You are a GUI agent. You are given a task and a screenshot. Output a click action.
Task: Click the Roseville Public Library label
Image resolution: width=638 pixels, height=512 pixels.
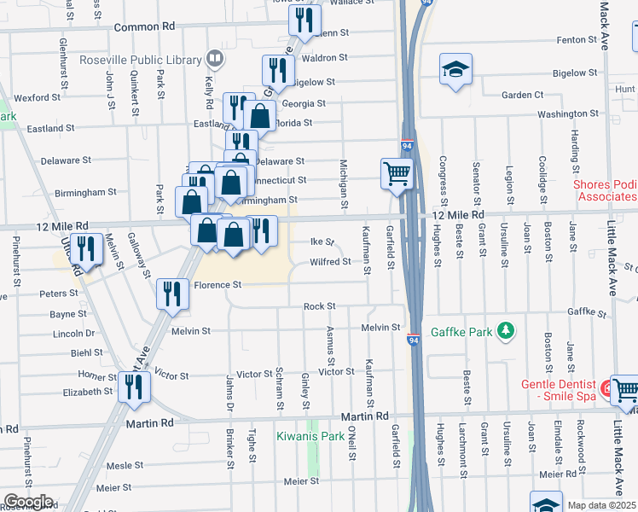tap(140, 60)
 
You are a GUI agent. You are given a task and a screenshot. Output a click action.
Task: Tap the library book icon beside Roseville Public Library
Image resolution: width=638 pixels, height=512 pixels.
tap(214, 60)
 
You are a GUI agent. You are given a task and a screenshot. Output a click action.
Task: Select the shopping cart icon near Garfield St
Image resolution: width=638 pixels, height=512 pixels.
tap(397, 174)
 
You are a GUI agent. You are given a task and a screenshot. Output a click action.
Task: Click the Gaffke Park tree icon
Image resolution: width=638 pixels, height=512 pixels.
tap(507, 330)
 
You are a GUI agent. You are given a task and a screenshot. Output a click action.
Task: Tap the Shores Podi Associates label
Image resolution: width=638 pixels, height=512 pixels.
tap(604, 189)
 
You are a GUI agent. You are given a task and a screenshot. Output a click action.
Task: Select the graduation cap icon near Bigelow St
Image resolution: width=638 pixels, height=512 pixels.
tap(456, 69)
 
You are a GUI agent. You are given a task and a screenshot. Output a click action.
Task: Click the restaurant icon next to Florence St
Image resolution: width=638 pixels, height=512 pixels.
tap(173, 294)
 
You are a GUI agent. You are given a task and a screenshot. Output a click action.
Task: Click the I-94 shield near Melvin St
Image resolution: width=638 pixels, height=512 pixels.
tap(413, 339)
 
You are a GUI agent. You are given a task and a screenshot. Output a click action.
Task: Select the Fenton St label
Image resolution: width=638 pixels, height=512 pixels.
tap(576, 40)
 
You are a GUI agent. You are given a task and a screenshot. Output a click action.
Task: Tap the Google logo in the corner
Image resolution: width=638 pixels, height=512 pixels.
tap(27, 502)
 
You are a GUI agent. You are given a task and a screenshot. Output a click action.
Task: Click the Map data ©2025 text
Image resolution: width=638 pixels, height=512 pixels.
tap(602, 505)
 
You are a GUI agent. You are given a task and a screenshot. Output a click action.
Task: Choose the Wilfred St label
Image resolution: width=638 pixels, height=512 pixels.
tap(330, 262)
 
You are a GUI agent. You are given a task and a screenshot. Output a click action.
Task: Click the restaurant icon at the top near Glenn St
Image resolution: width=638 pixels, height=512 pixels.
tap(304, 20)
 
